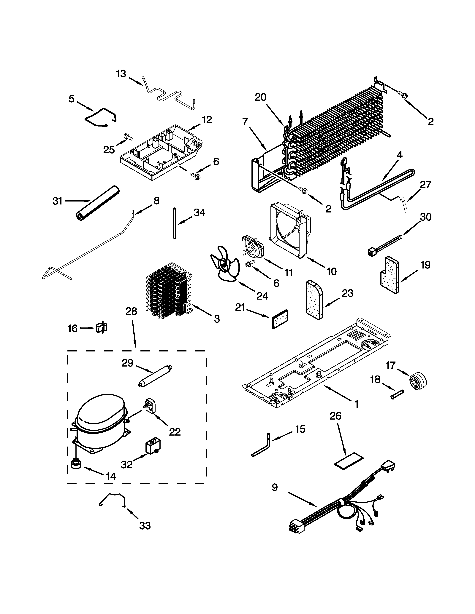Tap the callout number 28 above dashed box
tap(131, 311)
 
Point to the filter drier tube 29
tap(156, 376)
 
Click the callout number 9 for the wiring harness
tap(275, 487)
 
